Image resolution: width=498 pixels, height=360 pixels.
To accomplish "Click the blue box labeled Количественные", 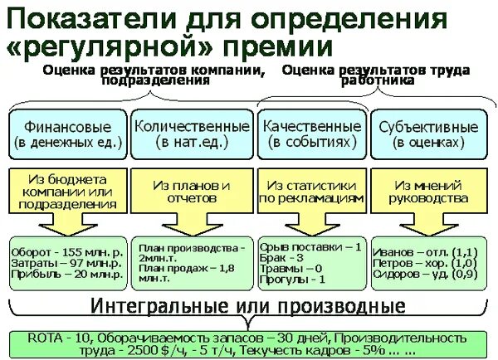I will tap(192, 134).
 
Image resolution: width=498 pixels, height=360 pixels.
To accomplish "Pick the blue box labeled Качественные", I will tap(311, 134).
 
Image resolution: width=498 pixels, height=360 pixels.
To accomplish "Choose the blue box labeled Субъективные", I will tap(428, 134).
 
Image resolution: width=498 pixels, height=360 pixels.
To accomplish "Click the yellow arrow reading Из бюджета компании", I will tap(66, 193).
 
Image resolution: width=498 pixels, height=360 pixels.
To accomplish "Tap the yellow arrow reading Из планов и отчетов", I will tap(191, 193).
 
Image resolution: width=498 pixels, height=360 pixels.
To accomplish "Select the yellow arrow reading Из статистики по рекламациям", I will tap(310, 193).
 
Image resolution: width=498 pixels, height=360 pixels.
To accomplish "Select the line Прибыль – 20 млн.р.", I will tap(62, 272).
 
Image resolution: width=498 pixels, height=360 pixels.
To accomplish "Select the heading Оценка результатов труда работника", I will tap(380, 75).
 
